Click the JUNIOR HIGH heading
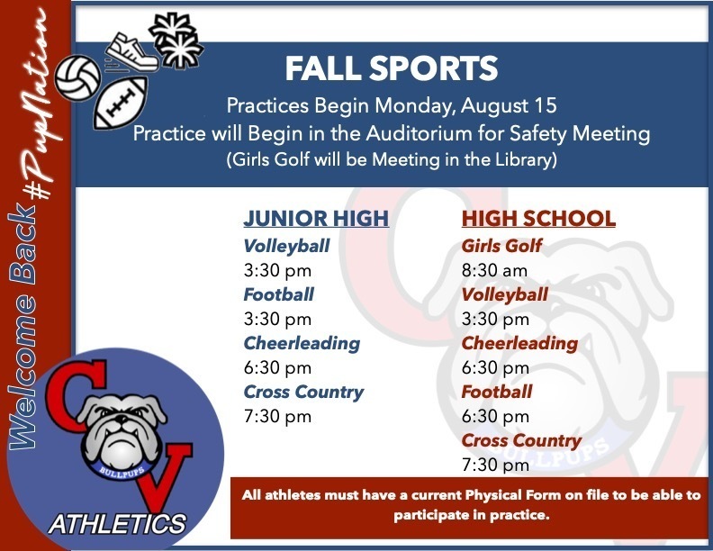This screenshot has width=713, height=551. pos(316,219)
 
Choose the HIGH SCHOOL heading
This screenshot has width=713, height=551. pos(538,219)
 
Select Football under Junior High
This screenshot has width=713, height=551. pos(278,294)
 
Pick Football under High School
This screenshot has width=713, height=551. pos(496,392)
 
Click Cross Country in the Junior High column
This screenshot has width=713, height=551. pos(303,392)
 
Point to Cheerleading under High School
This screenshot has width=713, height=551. pos(519,343)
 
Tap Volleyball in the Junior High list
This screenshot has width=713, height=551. pos(286,246)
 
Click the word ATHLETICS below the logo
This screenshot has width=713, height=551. pos(117,522)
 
